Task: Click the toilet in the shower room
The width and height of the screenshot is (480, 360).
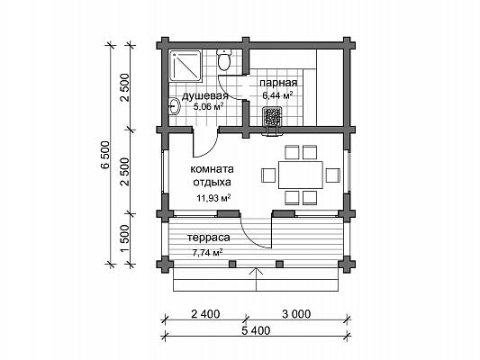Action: point(224,60)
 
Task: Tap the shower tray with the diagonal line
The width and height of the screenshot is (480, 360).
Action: point(186,67)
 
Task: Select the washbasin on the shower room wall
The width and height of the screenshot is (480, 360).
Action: point(175,106)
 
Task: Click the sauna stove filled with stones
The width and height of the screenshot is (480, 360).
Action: point(272,116)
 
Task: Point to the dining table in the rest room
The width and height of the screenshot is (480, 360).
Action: point(301,175)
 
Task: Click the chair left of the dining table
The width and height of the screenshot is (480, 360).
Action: point(268,175)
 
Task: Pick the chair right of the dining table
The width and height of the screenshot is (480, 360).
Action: point(332,175)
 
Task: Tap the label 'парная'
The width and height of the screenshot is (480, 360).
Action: point(278,83)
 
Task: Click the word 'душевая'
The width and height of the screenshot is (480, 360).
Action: point(204,96)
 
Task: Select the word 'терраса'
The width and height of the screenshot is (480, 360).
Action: point(208,238)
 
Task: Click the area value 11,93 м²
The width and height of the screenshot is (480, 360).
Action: point(213,198)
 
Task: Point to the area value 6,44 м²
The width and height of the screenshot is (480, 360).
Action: point(277,95)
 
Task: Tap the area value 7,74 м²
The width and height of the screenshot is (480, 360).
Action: point(207,252)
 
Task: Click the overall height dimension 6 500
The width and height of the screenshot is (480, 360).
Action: point(104,155)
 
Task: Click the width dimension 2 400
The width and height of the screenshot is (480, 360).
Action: point(205,314)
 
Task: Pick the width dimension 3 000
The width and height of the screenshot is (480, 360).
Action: point(296,314)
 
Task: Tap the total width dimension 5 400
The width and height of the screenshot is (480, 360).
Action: point(256,330)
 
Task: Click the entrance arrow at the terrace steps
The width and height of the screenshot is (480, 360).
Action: point(257,279)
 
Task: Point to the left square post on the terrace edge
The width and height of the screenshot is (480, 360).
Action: point(232,264)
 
